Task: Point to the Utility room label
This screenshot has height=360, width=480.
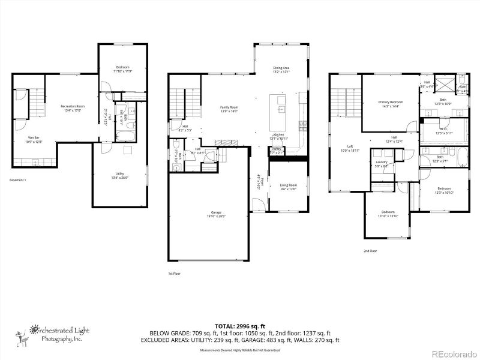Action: tap(119, 175)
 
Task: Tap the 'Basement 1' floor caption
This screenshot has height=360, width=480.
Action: tap(18, 180)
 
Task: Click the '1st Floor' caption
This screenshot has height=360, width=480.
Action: tap(174, 273)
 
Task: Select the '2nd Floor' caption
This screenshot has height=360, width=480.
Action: tap(370, 251)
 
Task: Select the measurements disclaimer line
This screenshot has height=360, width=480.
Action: tap(240, 349)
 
